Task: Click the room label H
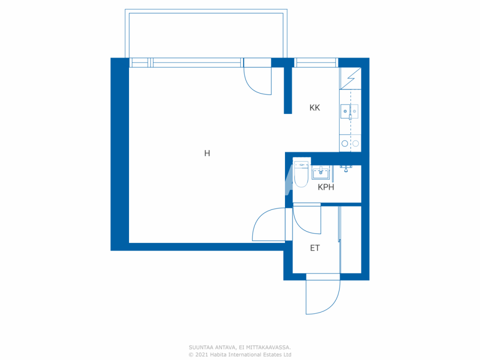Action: pyautogui.click(x=207, y=153)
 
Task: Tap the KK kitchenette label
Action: pyautogui.click(x=315, y=108)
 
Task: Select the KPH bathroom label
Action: pyautogui.click(x=326, y=187)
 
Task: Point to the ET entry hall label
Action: pyautogui.click(x=315, y=248)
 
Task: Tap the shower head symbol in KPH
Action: pyautogui.click(x=346, y=169)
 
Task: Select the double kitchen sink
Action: pyautogui.click(x=349, y=111)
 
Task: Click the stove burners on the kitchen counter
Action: pyautogui.click(x=350, y=143)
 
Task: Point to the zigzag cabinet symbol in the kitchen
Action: pyautogui.click(x=351, y=78)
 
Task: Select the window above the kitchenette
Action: pyautogui.click(x=316, y=63)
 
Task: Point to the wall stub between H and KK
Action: pyautogui.click(x=288, y=90)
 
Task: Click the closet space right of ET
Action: pyautogui.click(x=351, y=240)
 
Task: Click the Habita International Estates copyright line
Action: pyautogui.click(x=240, y=355)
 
